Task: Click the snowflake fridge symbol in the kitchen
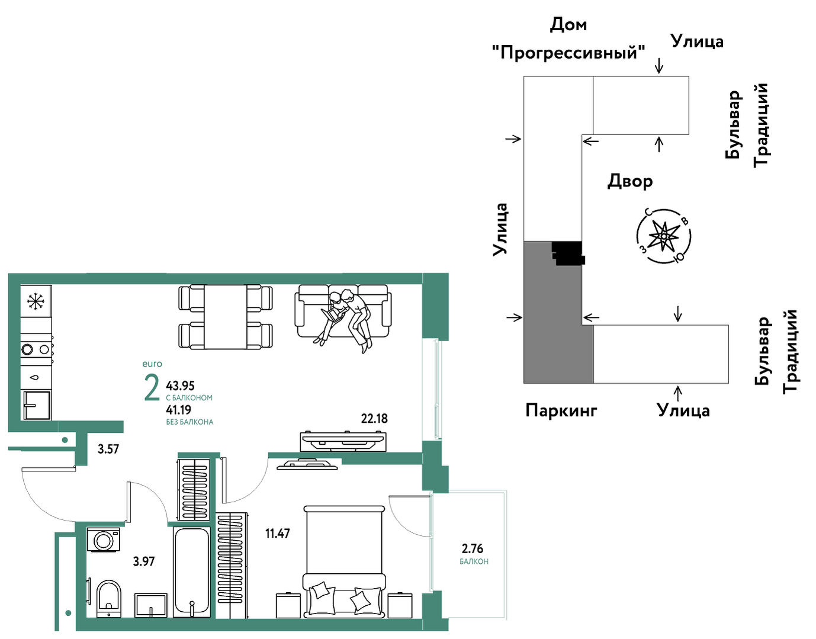[36, 301]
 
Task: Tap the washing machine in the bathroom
[103, 540]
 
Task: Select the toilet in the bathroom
[108, 599]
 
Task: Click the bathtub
[191, 572]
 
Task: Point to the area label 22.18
[374, 418]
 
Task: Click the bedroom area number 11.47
[278, 533]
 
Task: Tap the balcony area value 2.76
[473, 548]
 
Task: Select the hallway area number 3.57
[108, 449]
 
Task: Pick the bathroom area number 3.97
[144, 561]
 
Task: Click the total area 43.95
[180, 386]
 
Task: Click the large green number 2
[152, 388]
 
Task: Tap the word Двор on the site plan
[629, 182]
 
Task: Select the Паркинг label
[561, 411]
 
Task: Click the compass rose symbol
[664, 236]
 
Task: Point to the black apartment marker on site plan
[568, 253]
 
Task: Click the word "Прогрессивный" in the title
[568, 53]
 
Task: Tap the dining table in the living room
[225, 316]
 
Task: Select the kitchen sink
[37, 405]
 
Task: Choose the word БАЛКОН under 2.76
[474, 561]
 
